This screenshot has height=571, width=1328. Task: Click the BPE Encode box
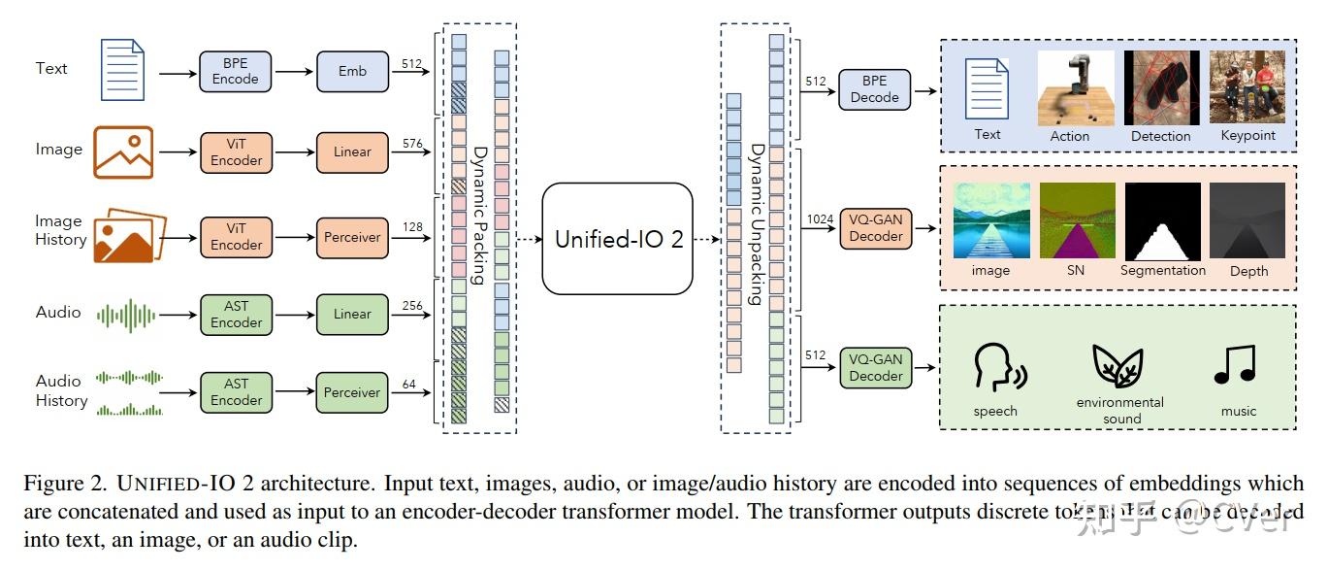(x=235, y=71)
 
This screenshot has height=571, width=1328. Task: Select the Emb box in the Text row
(x=352, y=71)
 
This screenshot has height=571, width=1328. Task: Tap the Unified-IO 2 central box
(x=618, y=239)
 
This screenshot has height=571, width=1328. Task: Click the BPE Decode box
(x=874, y=89)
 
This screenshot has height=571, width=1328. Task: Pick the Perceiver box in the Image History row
(x=352, y=237)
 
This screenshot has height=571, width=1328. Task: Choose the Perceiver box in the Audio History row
(x=352, y=392)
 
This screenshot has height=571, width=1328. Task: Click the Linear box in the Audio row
(x=352, y=314)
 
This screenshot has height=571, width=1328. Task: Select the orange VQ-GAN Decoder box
(x=875, y=228)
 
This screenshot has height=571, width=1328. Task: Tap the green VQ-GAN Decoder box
(x=875, y=367)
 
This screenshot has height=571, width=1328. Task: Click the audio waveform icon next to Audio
(x=126, y=314)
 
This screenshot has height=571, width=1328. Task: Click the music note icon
(x=1235, y=364)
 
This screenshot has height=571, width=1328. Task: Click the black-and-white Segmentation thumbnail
(x=1162, y=220)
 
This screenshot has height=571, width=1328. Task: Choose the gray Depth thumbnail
(x=1247, y=220)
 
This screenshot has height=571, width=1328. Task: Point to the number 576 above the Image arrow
(x=413, y=144)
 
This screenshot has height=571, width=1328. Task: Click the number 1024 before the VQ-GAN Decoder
(x=821, y=220)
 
